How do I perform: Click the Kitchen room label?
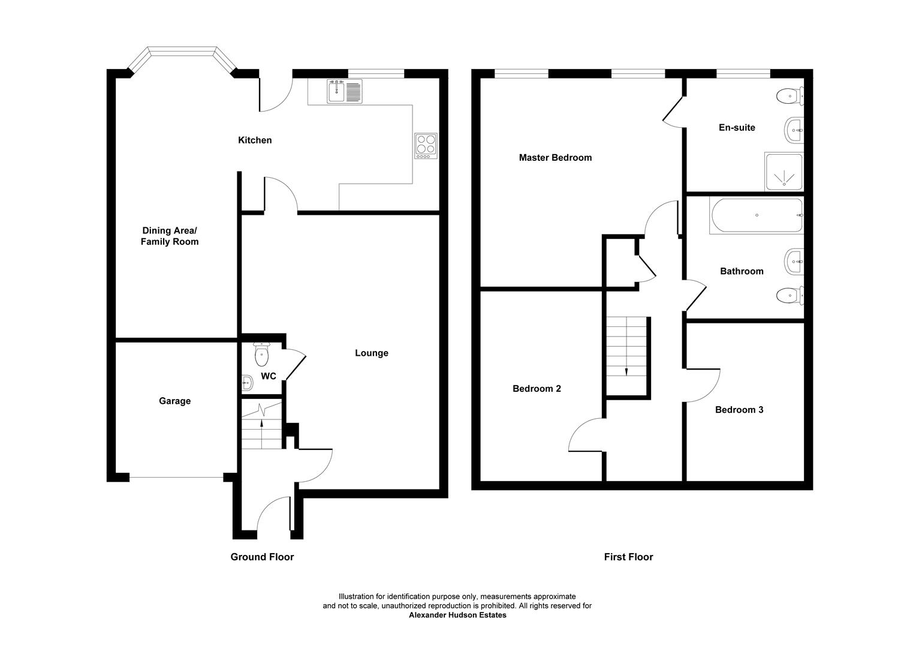click(255, 140)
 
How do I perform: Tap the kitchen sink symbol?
click(345, 91)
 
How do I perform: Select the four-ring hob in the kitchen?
click(426, 146)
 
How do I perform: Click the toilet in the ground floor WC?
click(262, 355)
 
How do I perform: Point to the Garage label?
click(174, 401)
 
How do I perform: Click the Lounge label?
click(371, 353)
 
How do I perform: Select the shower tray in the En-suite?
click(783, 172)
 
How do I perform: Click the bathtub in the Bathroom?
click(756, 215)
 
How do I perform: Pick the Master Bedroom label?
click(555, 158)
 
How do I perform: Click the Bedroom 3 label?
click(739, 410)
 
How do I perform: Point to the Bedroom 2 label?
click(537, 389)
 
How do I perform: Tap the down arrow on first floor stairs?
click(626, 370)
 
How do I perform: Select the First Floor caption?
click(628, 557)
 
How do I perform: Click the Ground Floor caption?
click(262, 557)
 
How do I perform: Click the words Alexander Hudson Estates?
click(457, 615)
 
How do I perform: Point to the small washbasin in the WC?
click(247, 382)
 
